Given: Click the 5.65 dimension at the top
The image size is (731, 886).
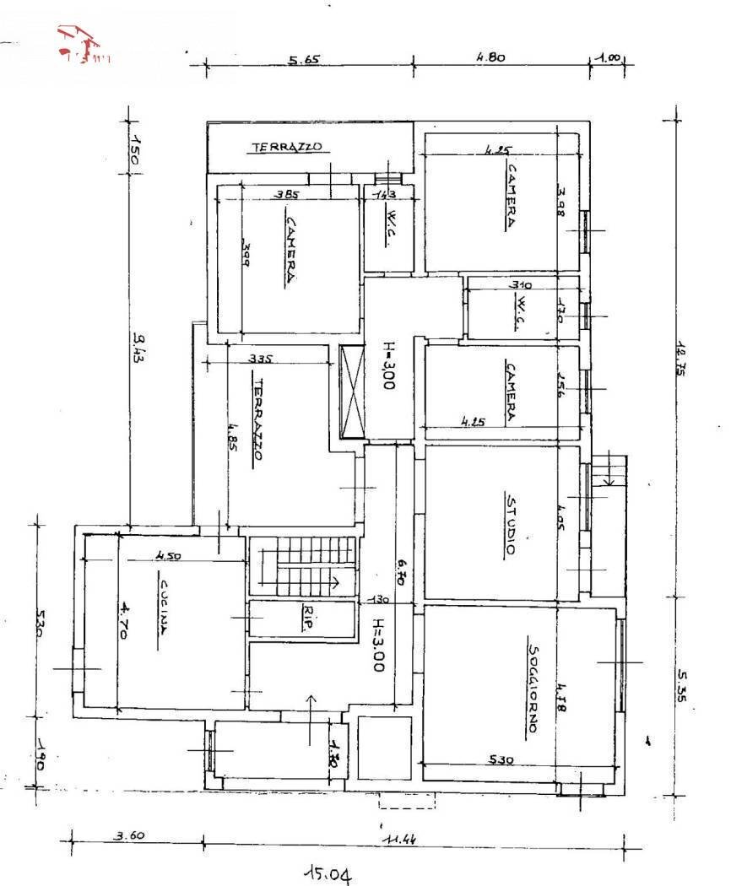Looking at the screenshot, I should tap(305, 60).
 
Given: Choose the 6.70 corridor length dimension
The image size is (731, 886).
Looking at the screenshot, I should tap(402, 573).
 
